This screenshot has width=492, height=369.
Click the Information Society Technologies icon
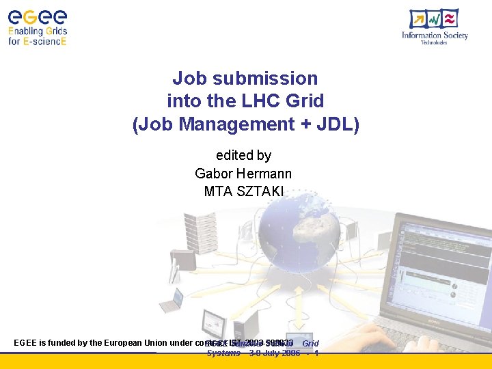435,19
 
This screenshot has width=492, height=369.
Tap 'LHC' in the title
262,101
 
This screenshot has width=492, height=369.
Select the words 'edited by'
244,156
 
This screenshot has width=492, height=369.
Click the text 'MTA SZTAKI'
244,191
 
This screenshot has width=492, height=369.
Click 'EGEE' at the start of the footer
26,342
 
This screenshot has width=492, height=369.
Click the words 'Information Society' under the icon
435,36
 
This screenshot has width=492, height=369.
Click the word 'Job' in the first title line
189,79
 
